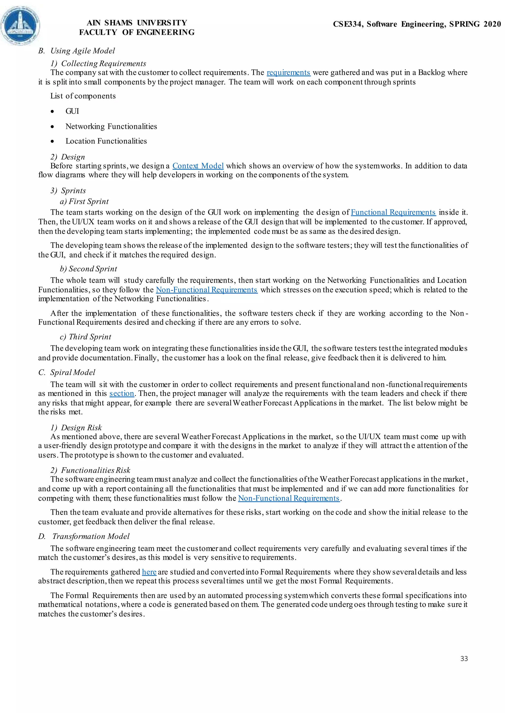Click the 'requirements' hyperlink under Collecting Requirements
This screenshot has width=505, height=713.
(288, 73)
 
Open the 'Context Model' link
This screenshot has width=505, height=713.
(198, 166)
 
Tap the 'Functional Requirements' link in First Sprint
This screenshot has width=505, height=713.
(393, 212)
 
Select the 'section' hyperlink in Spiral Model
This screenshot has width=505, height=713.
(122, 393)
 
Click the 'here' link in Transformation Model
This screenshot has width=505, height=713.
(149, 572)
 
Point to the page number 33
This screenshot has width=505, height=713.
(464, 659)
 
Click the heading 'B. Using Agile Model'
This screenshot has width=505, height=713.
(76, 51)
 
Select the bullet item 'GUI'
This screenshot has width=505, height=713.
(72, 111)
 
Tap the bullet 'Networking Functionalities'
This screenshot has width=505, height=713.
(111, 126)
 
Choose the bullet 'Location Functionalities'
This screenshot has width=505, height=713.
(106, 141)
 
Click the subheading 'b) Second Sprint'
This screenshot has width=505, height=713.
(88, 269)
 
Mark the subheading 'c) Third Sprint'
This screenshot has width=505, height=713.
(85, 337)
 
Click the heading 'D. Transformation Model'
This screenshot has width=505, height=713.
(84, 536)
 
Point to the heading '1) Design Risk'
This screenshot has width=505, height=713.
(76, 428)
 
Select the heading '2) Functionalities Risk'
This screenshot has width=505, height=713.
(90, 470)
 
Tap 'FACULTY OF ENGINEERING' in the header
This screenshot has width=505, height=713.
(137, 32)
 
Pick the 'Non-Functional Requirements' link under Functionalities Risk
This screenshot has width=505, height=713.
(289, 498)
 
